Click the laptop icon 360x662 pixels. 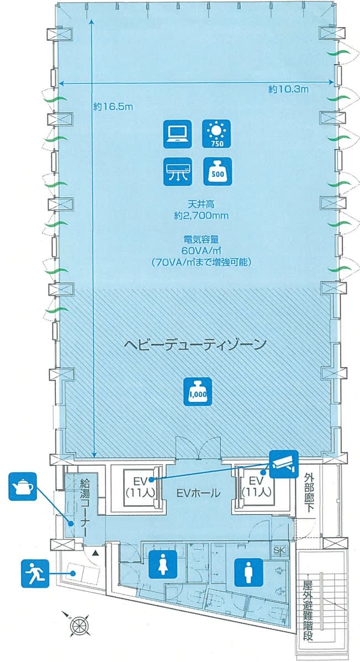(x=177, y=134)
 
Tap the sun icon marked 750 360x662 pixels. (x=217, y=134)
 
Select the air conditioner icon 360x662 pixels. (x=177, y=172)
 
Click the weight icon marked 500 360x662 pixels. (x=217, y=172)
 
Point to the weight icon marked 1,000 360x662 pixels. (x=198, y=390)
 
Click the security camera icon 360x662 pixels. (x=284, y=464)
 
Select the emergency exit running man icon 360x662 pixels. (x=35, y=573)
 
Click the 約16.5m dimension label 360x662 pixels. (x=113, y=107)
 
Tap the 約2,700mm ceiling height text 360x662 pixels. (x=198, y=216)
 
